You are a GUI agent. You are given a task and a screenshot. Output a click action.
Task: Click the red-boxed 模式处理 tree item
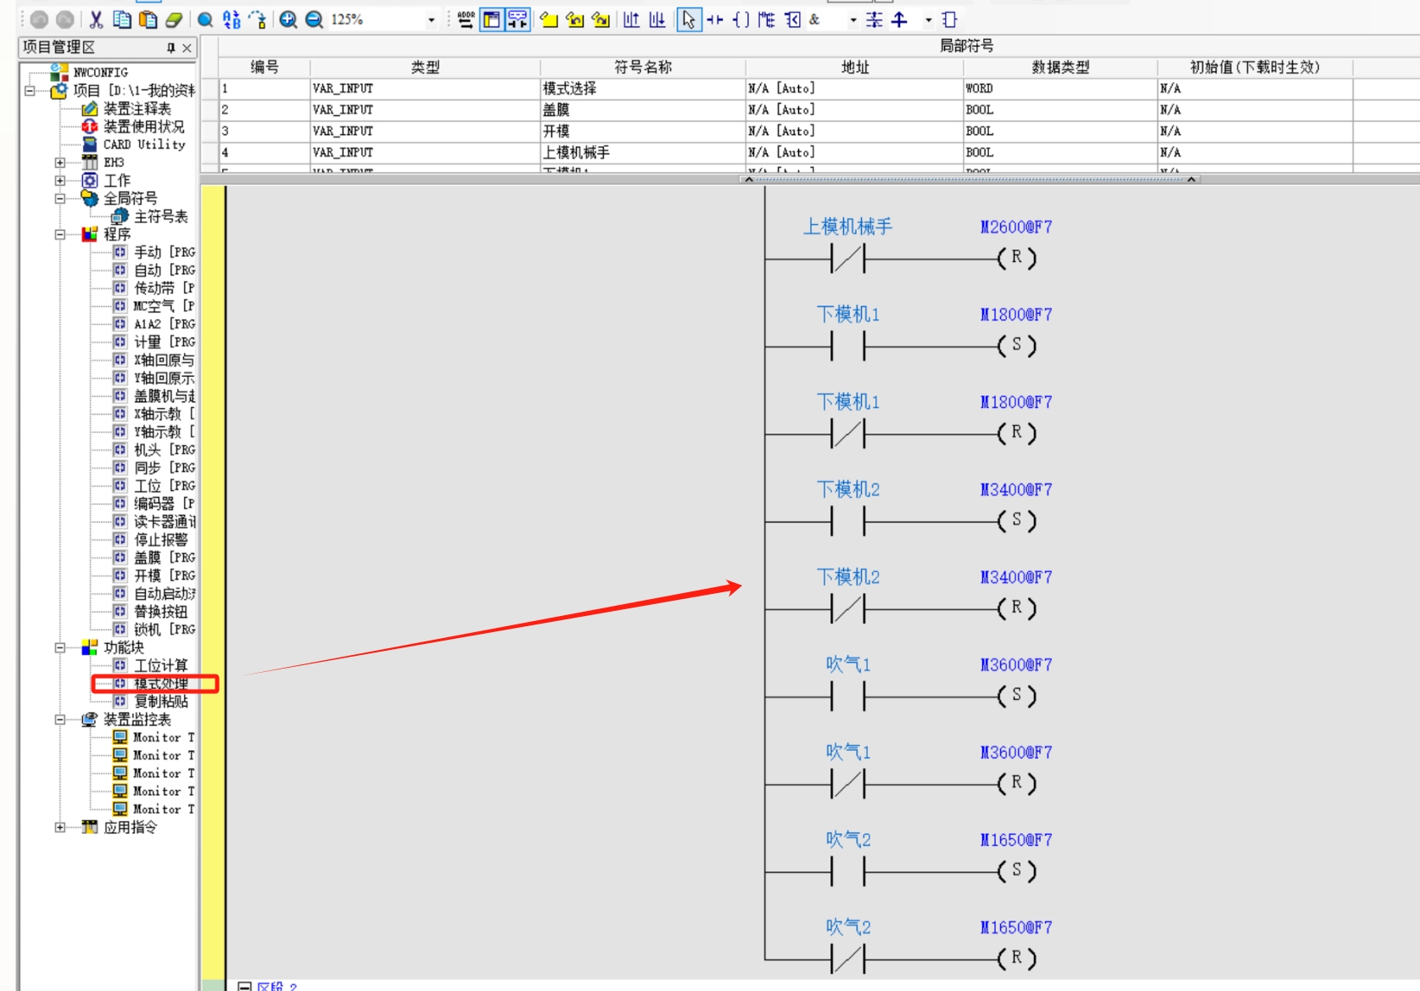coord(160,684)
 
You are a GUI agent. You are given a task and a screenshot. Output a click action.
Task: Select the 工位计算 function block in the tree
coord(160,665)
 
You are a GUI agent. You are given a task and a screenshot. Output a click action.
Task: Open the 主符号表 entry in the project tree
coord(160,216)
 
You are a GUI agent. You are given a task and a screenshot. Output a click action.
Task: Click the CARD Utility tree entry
coord(143,144)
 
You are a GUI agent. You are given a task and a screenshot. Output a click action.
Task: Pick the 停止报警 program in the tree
coord(160,540)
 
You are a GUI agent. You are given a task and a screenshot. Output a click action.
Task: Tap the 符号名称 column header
coord(642,67)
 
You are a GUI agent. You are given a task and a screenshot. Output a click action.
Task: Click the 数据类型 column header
coord(1059,67)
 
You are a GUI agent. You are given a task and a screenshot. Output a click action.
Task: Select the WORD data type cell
coord(979,88)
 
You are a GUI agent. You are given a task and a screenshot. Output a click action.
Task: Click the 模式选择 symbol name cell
coord(570,88)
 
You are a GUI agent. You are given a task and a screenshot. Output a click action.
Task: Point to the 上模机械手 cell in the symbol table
coord(577,153)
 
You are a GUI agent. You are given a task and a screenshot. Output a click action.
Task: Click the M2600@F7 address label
coord(1015,227)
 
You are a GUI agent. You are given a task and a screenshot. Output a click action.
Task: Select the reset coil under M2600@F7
coord(1016,258)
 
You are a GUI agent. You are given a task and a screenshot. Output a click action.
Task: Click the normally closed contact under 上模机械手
coord(847,258)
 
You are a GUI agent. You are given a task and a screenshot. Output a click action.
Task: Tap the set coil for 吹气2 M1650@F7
coord(1016,871)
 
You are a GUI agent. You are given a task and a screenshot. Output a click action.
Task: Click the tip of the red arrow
coord(740,585)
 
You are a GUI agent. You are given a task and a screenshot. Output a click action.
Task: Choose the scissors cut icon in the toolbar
coord(96,20)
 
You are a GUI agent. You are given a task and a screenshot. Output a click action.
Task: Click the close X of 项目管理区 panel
coord(187,48)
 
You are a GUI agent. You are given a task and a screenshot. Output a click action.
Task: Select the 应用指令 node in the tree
coord(130,827)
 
